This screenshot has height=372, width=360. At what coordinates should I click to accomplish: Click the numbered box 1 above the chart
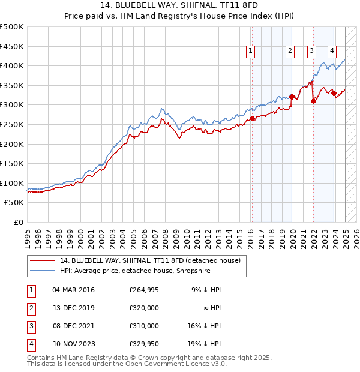pos(250,51)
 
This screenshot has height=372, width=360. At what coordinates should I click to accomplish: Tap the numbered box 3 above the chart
pos(312,51)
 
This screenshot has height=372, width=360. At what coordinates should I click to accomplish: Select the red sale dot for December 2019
pos(292,97)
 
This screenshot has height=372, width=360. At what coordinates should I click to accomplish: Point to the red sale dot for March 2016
pos(253,118)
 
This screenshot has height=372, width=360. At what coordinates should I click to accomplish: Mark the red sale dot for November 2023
pos(334,93)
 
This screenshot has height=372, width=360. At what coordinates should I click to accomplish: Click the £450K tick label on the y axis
pos(12,46)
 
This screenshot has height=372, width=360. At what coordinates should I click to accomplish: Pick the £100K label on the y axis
pos(12,183)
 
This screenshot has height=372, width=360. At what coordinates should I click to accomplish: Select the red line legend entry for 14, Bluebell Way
pos(150,260)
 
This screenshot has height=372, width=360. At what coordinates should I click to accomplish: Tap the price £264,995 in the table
pos(143,290)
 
